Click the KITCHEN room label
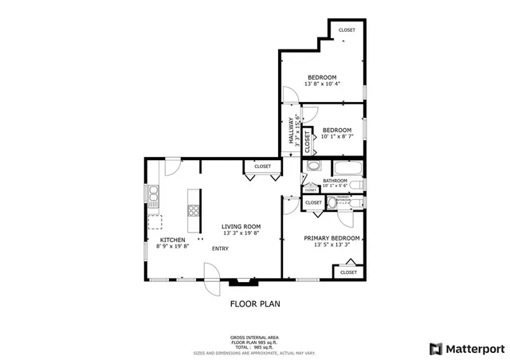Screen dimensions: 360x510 click(x=173, y=240)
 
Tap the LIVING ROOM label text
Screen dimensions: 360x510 click(x=241, y=227)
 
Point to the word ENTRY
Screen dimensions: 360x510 click(x=220, y=248)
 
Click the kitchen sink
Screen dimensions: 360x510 click(x=153, y=194)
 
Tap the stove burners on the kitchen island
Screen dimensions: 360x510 click(x=193, y=210)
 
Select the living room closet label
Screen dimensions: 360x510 click(x=262, y=166)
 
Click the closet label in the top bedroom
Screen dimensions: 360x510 click(x=347, y=30)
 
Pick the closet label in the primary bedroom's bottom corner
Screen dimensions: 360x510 click(x=348, y=272)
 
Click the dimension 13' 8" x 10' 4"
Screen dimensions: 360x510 click(x=324, y=84)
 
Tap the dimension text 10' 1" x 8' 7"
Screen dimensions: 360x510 click(x=336, y=136)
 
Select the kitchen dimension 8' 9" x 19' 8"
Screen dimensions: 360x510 click(x=173, y=246)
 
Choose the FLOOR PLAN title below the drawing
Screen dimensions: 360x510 click(x=255, y=303)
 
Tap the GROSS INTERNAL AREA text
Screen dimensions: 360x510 click(x=255, y=337)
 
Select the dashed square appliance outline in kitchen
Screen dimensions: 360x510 click(x=155, y=221)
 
